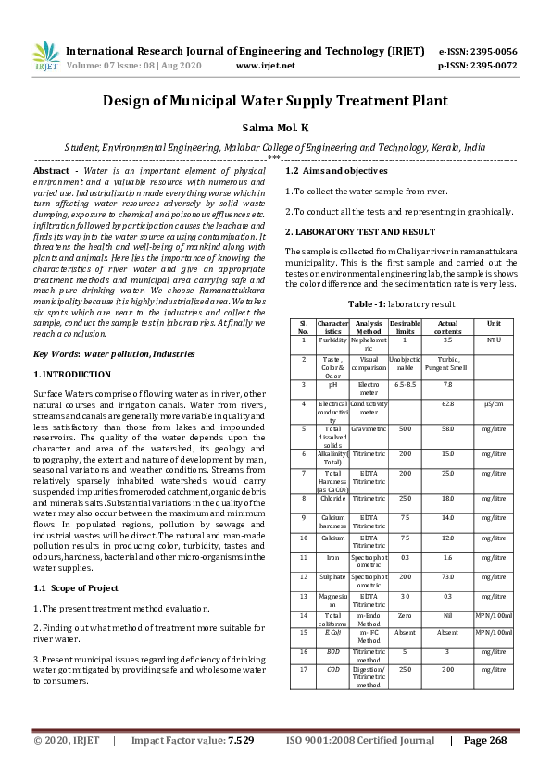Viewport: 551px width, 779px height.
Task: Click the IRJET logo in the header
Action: tap(45, 57)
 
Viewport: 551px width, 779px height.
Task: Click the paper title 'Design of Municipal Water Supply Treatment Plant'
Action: tap(275, 101)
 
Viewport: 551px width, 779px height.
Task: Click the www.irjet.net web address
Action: tap(266, 66)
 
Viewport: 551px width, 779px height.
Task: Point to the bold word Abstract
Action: tap(51, 172)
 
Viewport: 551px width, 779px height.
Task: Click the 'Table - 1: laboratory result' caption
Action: tap(401, 303)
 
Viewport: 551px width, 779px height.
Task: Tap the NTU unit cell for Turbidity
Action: tap(493, 340)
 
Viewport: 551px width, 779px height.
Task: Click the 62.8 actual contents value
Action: tap(447, 403)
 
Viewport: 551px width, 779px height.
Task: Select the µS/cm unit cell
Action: tap(493, 403)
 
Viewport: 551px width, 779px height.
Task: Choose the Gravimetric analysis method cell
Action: tap(369, 429)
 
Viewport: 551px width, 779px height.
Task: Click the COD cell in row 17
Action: tap(332, 668)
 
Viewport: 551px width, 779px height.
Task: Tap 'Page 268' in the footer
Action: tap(485, 740)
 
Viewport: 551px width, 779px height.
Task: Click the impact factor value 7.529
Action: tap(241, 740)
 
